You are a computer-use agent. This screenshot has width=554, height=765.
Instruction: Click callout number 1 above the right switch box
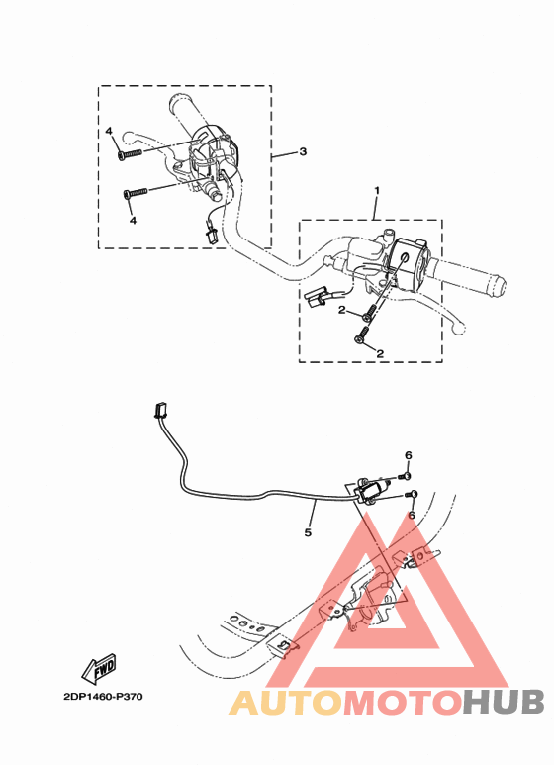[376, 188]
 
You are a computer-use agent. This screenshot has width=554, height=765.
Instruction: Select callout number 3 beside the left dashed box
[303, 152]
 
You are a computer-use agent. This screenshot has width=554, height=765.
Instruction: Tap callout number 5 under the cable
[308, 532]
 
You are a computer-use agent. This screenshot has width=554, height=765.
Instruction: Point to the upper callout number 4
[111, 132]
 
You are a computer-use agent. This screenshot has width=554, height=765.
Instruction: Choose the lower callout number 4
[132, 220]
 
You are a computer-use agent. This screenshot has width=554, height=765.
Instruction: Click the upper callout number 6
[408, 454]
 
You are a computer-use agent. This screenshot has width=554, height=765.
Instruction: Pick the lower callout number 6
[411, 515]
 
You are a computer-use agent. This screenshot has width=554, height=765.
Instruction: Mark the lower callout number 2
[379, 352]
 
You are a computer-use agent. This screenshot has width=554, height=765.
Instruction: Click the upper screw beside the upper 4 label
[130, 153]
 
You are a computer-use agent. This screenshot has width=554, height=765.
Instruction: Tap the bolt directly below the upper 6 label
[407, 475]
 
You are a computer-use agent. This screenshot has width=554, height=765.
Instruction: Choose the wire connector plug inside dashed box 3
[211, 235]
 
